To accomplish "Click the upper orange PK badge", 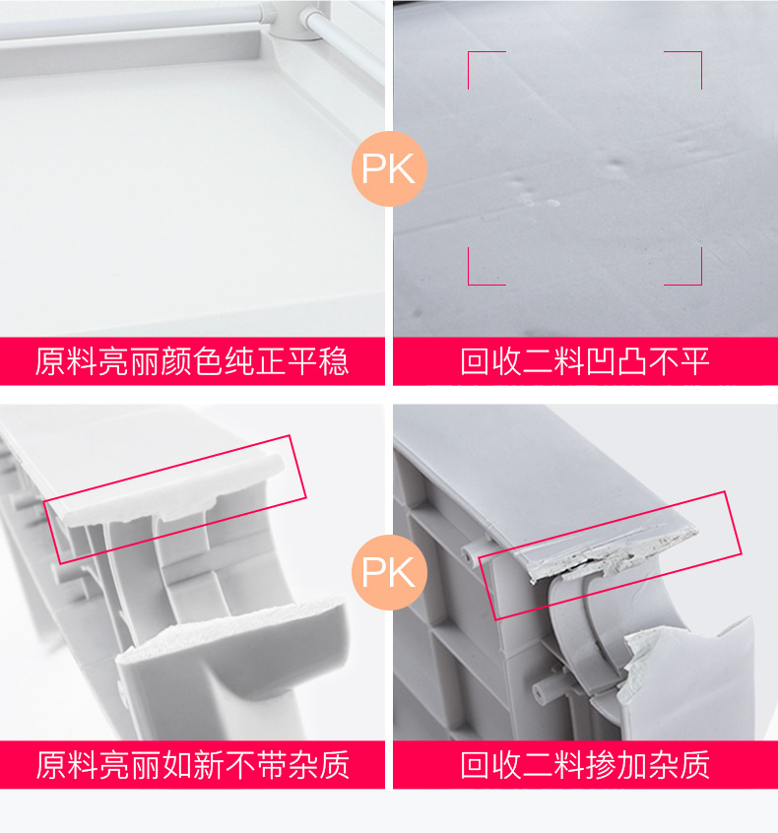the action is (x=389, y=168).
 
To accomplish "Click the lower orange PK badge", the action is (x=389, y=572).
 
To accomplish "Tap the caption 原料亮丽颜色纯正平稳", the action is (x=192, y=361).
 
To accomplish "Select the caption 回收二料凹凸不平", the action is (x=585, y=361).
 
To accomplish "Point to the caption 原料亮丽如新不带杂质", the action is (x=192, y=765).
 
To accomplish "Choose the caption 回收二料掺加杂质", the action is (x=585, y=765).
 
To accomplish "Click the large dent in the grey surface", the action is (x=616, y=162).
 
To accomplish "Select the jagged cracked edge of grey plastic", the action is (x=612, y=558).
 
